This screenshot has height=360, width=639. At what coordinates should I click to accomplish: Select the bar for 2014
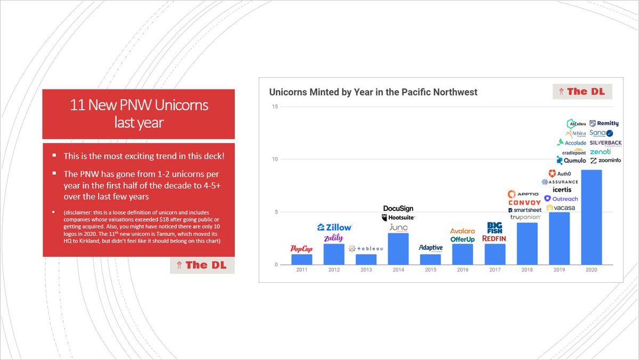point(398,249)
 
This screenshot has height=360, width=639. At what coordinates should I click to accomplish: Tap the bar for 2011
point(301,259)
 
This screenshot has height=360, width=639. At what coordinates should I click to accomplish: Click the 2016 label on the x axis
point(462,270)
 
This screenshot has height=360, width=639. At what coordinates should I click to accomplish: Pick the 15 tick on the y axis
point(275,107)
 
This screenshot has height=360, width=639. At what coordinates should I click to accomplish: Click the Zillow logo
point(334,227)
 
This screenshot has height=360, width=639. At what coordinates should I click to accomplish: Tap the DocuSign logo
point(398,208)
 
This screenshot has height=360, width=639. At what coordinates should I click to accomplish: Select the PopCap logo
point(301,249)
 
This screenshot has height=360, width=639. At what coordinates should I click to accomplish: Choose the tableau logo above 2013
point(366,249)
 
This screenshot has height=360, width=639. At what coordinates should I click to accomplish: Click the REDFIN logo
point(494,239)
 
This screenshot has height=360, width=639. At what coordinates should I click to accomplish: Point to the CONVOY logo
point(525,202)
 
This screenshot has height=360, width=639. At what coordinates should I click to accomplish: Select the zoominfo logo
point(605,160)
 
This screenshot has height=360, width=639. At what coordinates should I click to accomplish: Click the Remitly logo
point(604,124)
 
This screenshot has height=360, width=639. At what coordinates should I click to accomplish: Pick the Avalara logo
point(462,231)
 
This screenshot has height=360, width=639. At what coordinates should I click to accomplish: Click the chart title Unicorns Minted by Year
point(373,92)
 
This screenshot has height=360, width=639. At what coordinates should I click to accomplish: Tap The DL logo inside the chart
point(582,92)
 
